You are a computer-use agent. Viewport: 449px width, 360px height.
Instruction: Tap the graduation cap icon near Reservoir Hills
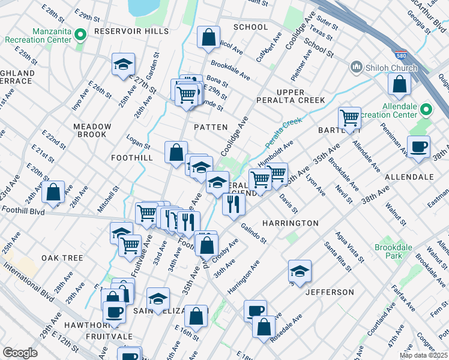[123, 65]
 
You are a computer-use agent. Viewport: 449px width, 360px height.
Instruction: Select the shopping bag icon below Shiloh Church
[399, 85]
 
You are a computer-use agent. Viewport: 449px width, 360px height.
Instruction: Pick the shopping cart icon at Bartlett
[349, 118]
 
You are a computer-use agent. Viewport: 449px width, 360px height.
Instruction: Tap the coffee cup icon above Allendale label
[418, 146]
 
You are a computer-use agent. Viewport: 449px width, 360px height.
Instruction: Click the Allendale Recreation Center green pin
[426, 109]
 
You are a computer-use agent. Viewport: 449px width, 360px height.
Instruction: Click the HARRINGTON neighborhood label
[290, 223]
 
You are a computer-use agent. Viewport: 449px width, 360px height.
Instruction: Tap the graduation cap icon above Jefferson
[300, 271]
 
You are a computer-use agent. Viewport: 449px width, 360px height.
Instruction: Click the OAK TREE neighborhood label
[62, 258]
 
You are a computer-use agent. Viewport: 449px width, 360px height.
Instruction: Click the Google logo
[20, 353]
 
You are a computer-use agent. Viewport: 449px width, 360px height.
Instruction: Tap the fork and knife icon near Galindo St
[234, 203]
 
